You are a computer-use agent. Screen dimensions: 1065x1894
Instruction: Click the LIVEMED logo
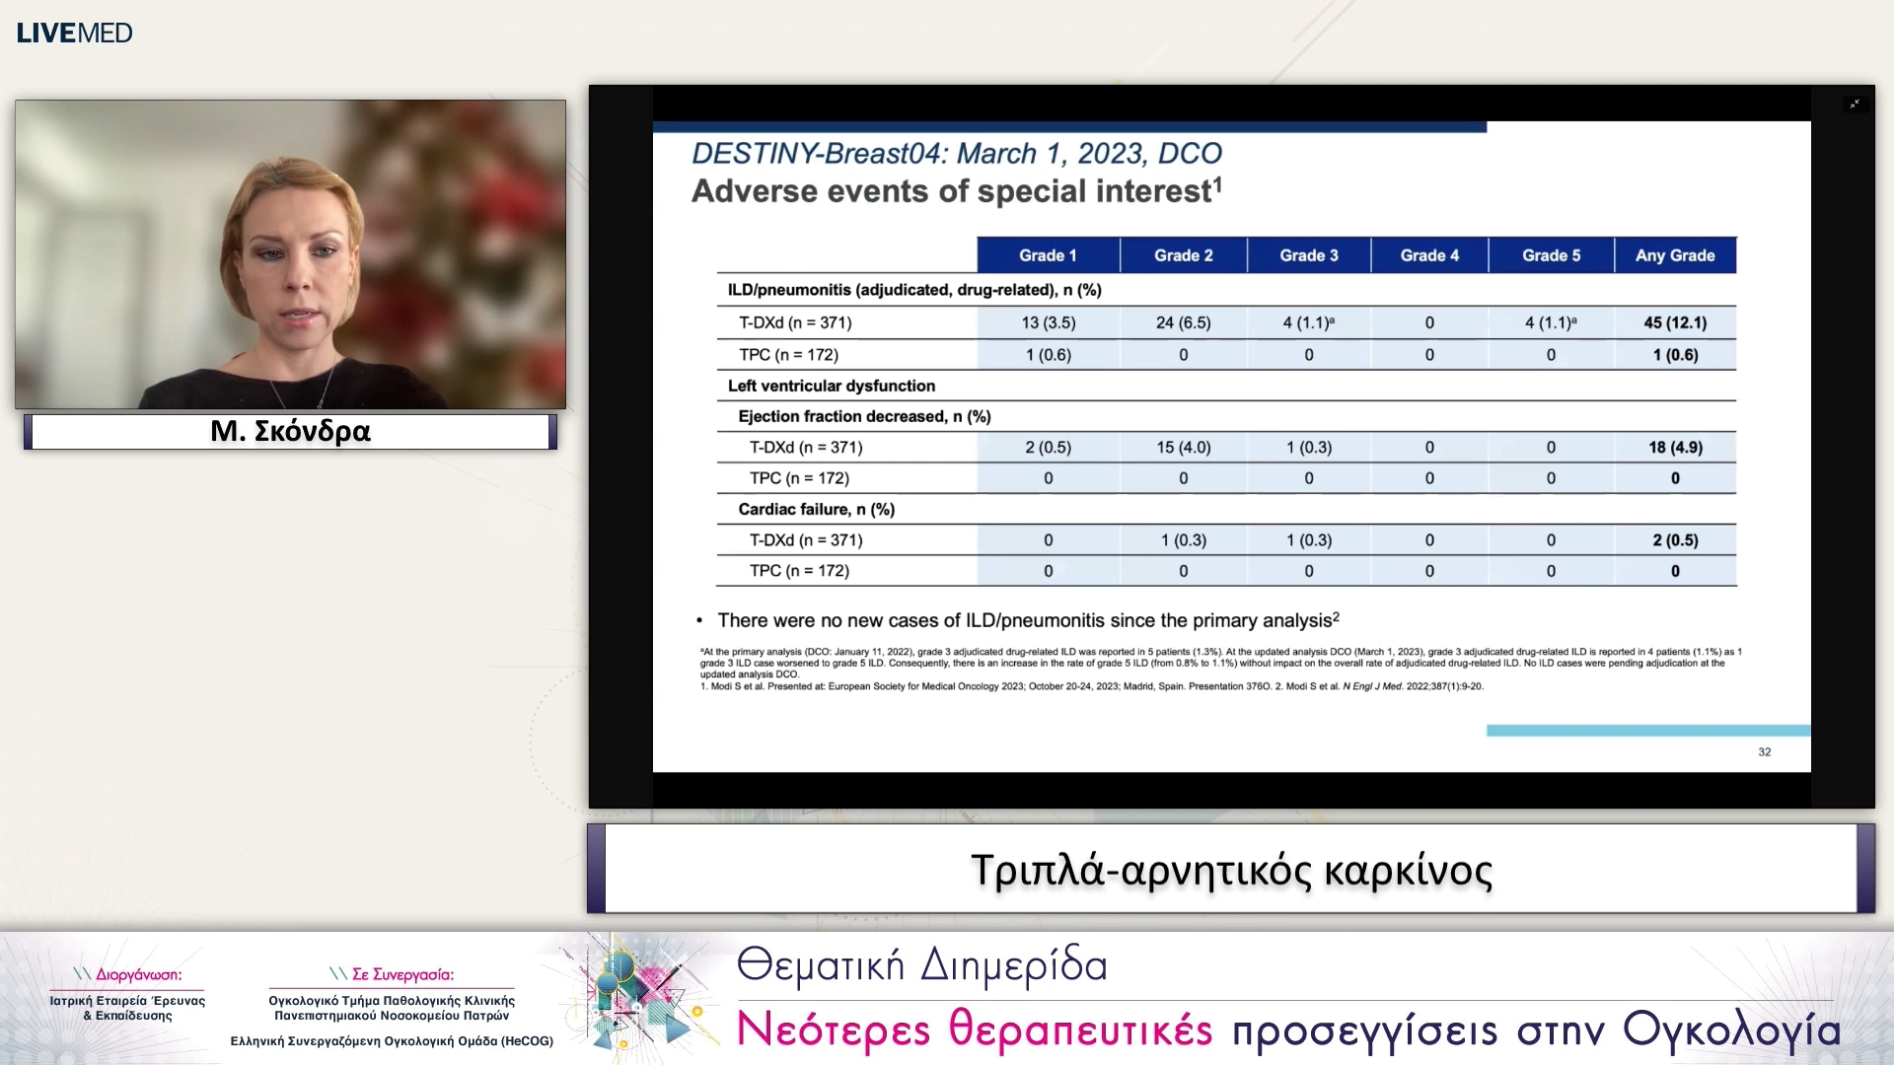click(x=74, y=33)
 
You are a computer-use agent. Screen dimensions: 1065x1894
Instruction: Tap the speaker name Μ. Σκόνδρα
click(x=290, y=431)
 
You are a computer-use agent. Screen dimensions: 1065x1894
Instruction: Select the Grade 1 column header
click(x=1048, y=255)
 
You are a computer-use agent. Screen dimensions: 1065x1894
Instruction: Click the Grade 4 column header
click(x=1429, y=255)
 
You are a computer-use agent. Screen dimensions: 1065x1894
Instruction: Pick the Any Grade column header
click(x=1675, y=255)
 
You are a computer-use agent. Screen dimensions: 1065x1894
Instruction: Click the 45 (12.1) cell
click(x=1675, y=322)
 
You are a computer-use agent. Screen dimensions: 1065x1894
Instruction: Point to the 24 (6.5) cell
click(x=1183, y=322)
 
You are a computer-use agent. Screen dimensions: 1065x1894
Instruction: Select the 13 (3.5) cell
click(x=1049, y=322)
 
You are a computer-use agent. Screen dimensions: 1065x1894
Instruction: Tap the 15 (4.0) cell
click(x=1183, y=447)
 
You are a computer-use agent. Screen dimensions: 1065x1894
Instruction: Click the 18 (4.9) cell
click(x=1675, y=447)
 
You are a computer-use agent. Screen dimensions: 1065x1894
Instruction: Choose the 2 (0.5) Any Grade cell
click(x=1675, y=540)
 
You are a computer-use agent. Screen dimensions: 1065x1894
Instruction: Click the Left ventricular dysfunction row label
click(x=832, y=386)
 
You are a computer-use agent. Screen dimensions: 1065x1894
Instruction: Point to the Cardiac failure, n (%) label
click(x=817, y=509)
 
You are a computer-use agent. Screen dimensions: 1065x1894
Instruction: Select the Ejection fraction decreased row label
click(x=864, y=416)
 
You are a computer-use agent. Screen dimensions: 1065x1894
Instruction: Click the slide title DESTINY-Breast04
click(x=956, y=154)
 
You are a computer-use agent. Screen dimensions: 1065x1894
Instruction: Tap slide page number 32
click(x=1765, y=751)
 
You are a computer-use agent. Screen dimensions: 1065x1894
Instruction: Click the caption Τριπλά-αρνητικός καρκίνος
click(x=1231, y=870)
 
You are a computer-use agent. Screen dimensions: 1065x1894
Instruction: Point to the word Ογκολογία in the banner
click(x=1731, y=1029)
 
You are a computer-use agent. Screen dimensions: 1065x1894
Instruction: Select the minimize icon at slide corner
click(x=1855, y=104)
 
